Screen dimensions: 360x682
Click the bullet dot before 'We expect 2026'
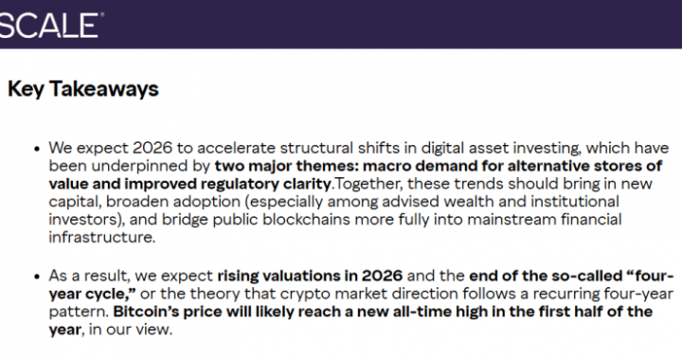37,150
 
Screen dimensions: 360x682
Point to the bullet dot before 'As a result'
37,278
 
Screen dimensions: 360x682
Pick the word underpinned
133,166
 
